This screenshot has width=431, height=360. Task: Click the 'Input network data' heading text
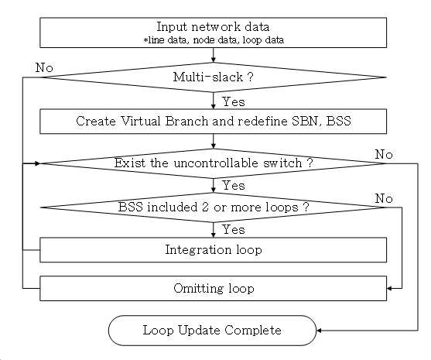213,27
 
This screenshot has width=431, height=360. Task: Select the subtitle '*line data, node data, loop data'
214,40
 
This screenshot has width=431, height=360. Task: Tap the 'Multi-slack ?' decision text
213,77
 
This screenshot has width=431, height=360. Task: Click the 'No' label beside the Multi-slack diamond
44,67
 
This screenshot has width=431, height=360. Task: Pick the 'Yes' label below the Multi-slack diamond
234,101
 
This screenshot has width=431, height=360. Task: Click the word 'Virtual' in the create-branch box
141,121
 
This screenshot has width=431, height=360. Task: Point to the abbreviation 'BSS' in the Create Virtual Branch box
338,121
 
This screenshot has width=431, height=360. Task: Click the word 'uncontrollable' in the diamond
216,163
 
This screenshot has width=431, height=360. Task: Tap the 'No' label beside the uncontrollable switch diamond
384,154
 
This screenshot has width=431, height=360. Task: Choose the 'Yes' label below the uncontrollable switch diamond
234,185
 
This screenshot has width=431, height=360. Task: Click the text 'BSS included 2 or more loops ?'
214,207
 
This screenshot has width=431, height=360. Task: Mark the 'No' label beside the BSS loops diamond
384,198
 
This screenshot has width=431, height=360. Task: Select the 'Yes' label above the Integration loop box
234,229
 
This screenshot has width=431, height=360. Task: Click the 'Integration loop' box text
214,250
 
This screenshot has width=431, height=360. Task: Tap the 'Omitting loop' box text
214,288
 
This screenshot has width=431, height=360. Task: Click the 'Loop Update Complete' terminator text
212,330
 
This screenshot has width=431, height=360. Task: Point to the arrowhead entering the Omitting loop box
389,288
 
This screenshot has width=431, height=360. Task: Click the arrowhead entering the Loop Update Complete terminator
319,331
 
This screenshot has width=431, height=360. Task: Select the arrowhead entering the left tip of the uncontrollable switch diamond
37,163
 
